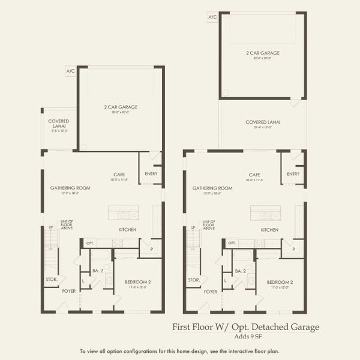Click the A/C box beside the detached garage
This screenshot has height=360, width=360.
[x=212, y=17]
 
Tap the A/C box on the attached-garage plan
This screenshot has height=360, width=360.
[x=70, y=71]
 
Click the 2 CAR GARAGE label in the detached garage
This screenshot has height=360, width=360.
[x=262, y=53]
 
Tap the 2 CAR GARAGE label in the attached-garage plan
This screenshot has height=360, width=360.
[x=120, y=107]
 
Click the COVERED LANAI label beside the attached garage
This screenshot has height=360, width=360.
[x=59, y=123]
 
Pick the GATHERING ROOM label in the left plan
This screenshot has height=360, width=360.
[x=70, y=188]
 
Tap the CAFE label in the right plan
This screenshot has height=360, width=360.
[x=256, y=175]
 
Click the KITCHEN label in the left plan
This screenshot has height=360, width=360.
[x=127, y=230]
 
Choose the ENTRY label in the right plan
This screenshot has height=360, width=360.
[x=293, y=174]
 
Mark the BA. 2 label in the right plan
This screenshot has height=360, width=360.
[x=240, y=271]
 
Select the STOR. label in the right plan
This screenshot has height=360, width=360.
[x=193, y=280]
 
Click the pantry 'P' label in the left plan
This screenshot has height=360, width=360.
[x=151, y=248]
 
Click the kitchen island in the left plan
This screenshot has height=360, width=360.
[x=123, y=213]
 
